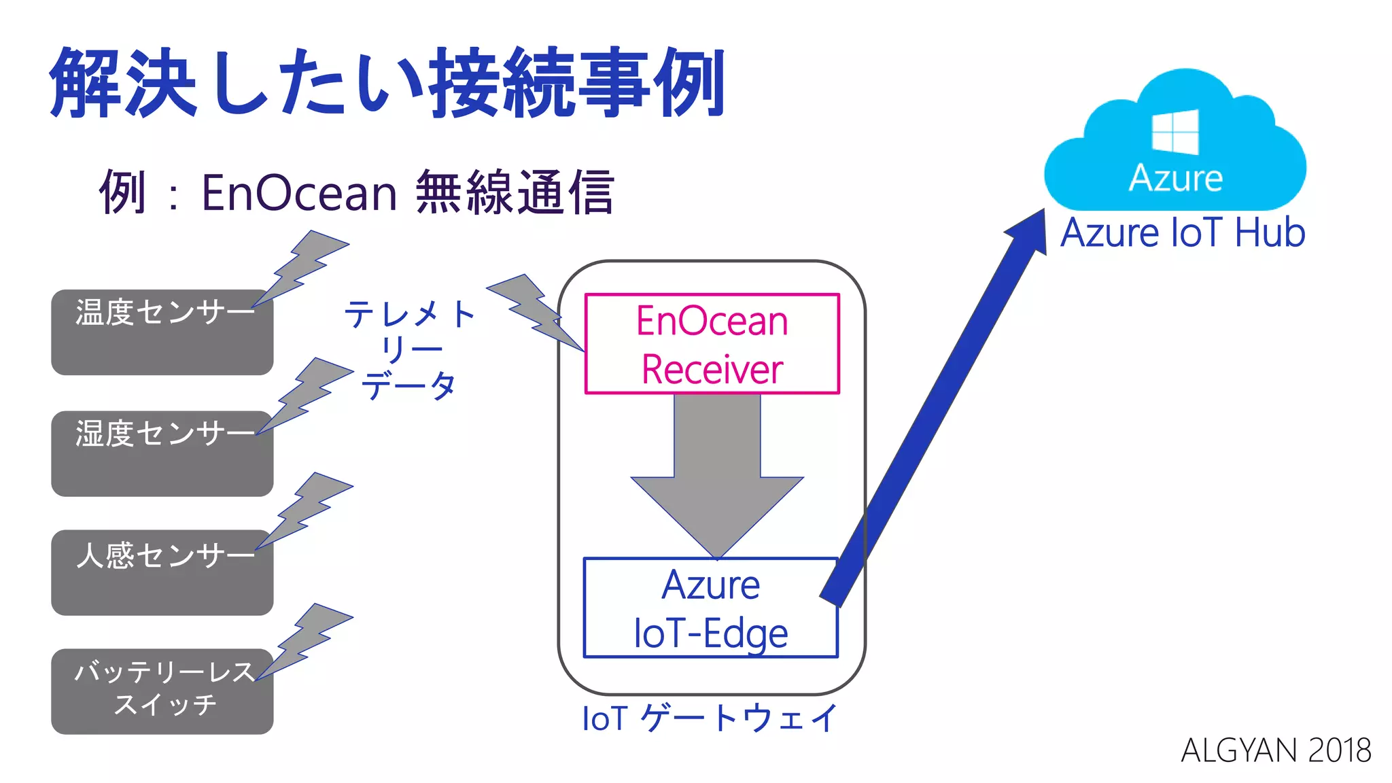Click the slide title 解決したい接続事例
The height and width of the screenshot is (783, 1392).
click(387, 83)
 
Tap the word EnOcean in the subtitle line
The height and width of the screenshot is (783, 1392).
click(299, 193)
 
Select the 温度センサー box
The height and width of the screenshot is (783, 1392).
click(162, 333)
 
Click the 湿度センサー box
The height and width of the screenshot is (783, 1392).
click(162, 454)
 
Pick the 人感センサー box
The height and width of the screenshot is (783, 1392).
click(162, 574)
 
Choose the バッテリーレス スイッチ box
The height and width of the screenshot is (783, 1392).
click(162, 692)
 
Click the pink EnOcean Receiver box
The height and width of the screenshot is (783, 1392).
click(712, 344)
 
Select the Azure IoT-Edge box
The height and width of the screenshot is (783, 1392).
click(710, 608)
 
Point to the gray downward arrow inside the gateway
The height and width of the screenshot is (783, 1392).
click(717, 476)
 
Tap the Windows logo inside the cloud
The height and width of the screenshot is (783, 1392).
click(1175, 132)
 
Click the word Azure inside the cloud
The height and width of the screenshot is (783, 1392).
click(1176, 179)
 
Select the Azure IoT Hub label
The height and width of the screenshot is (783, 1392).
click(1183, 233)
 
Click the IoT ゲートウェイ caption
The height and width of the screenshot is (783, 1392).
click(710, 718)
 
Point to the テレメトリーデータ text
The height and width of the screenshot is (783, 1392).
click(409, 350)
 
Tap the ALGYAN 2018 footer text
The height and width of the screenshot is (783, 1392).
click(1276, 750)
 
